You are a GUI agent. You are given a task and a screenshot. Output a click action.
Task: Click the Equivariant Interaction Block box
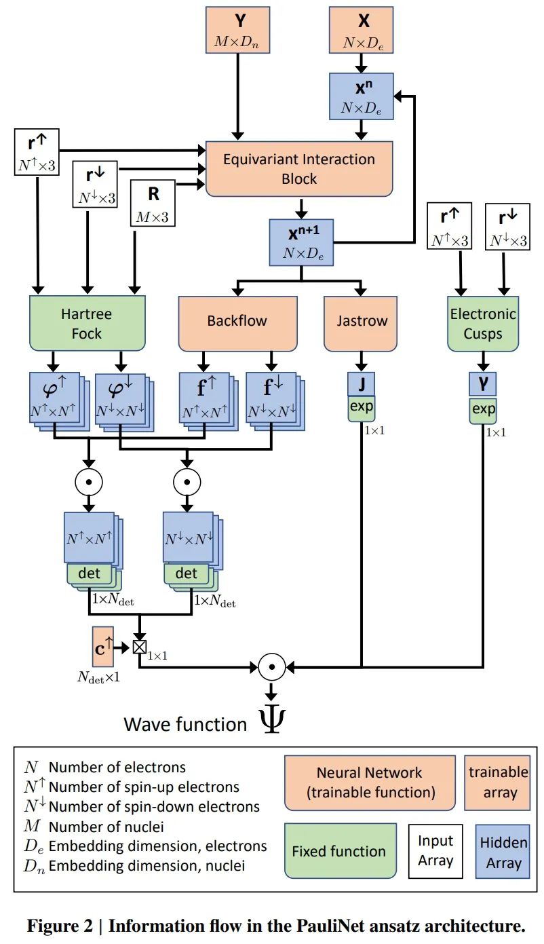[299, 169]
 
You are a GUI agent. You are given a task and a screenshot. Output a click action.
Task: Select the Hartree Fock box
[88, 324]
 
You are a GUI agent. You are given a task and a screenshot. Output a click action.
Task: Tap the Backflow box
[237, 322]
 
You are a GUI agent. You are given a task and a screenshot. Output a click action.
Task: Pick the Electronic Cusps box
[483, 323]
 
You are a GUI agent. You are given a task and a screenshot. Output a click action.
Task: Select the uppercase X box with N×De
[362, 30]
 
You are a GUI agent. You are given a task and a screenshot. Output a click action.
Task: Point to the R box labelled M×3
[153, 203]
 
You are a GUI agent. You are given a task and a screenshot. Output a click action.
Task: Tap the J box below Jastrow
[362, 384]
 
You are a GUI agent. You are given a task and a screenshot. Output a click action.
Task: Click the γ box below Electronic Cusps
[483, 384]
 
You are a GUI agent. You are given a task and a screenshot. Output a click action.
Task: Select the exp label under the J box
[362, 408]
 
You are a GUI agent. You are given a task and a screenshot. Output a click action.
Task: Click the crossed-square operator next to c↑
[139, 647]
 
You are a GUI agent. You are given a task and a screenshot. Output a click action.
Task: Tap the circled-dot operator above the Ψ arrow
[271, 667]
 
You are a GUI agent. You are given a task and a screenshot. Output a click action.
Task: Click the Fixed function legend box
[339, 851]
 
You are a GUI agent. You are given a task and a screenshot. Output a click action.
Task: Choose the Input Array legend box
[435, 851]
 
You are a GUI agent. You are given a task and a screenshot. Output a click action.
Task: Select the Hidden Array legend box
[503, 852]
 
